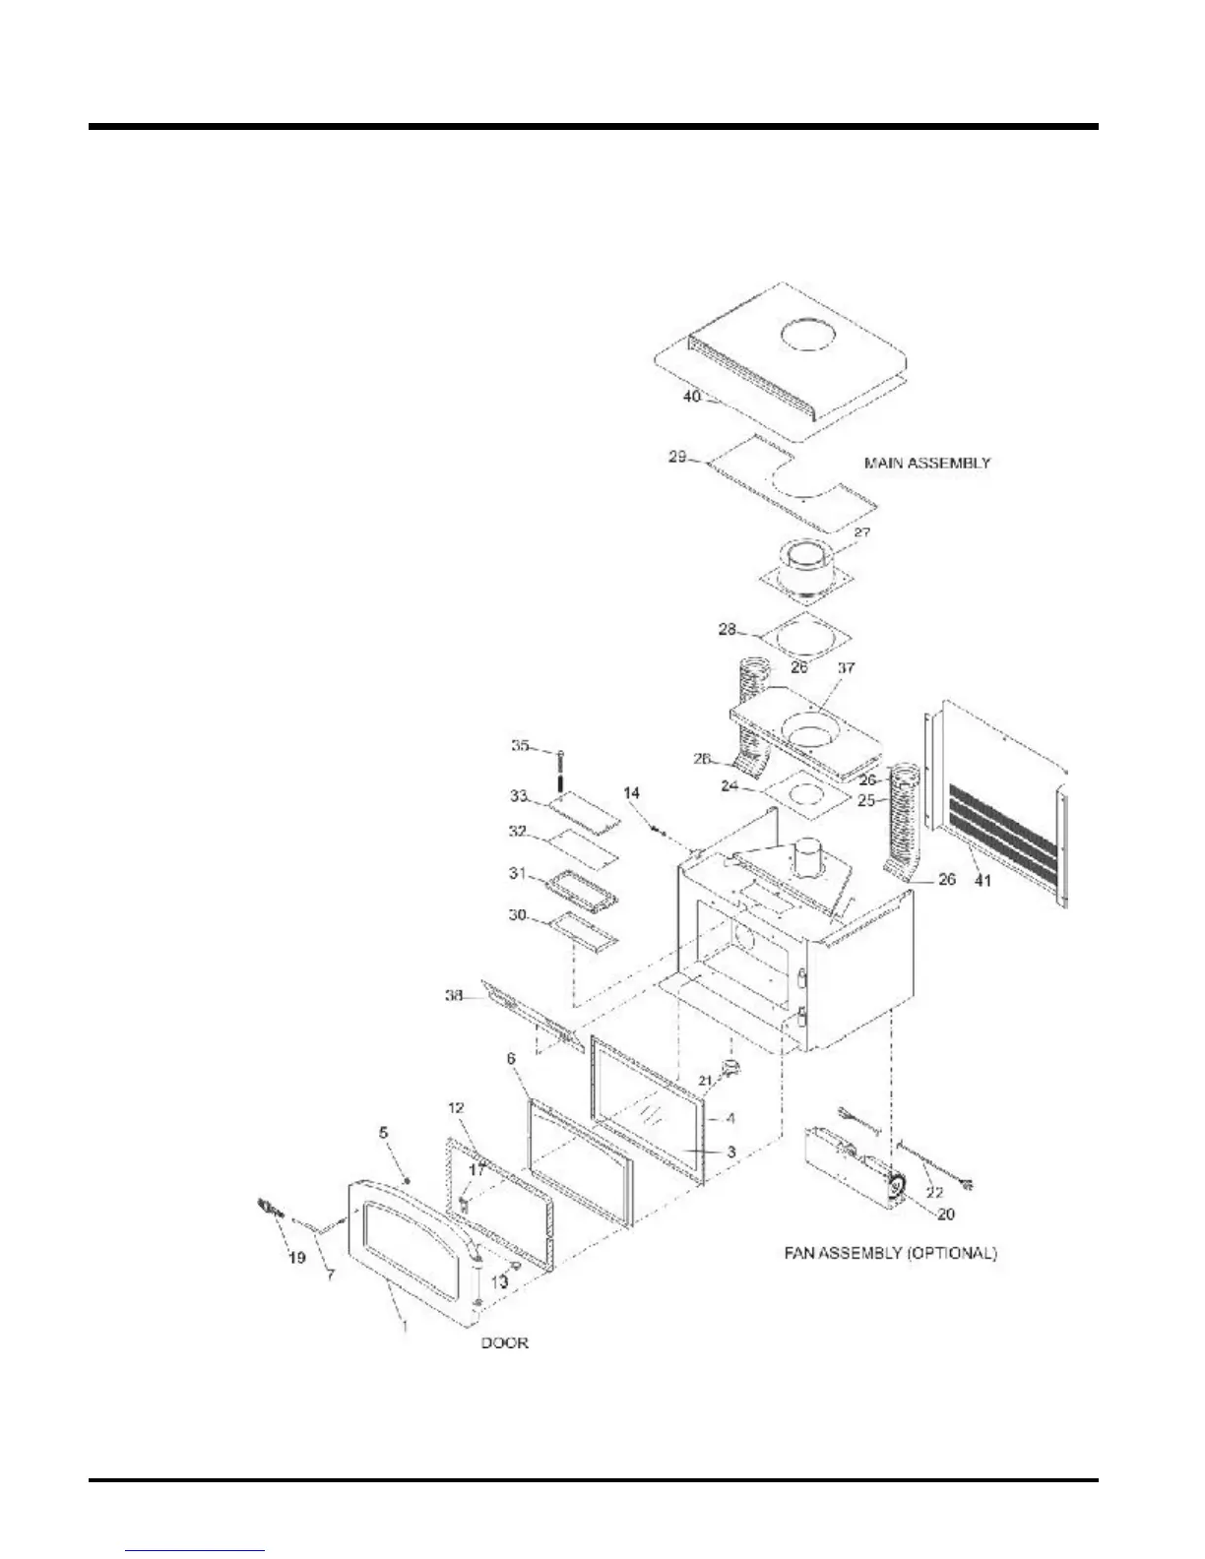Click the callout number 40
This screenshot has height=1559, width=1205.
click(x=691, y=396)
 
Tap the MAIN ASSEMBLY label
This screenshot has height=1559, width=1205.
click(x=926, y=462)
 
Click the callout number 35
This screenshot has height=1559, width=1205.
click(x=521, y=746)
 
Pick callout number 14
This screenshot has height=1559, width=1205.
click(x=631, y=791)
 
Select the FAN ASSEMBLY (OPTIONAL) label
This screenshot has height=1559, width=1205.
click(x=889, y=1254)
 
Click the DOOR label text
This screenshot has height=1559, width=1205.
click(x=504, y=1342)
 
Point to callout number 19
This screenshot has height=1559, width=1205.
click(x=296, y=1257)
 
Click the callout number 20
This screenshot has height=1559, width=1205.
click(x=944, y=1215)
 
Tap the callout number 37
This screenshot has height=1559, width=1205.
click(x=846, y=668)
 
